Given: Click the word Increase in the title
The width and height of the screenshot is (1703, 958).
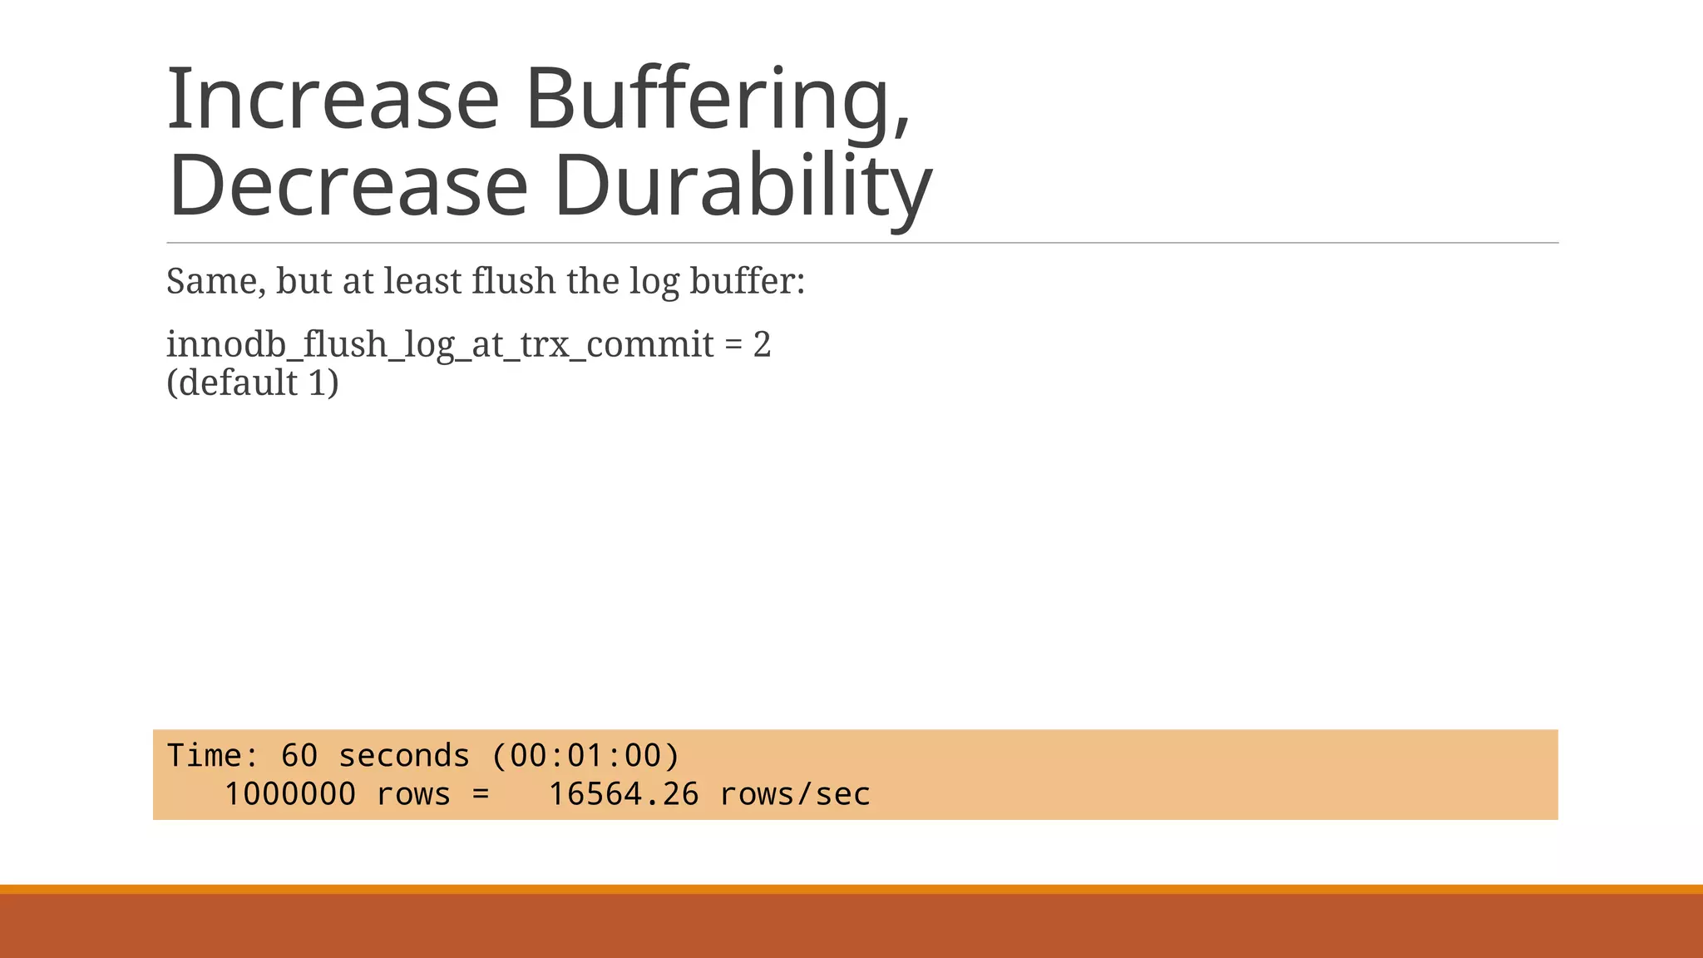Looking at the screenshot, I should pyautogui.click(x=333, y=100).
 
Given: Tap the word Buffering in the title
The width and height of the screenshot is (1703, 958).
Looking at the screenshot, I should pyautogui.click(x=718, y=100).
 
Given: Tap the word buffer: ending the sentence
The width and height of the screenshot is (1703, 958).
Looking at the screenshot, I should pyautogui.click(x=747, y=281).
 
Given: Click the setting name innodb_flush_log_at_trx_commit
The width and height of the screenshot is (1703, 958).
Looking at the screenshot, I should pyautogui.click(x=440, y=344).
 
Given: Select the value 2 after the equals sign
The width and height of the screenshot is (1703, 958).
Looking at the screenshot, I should pyautogui.click(x=762, y=344).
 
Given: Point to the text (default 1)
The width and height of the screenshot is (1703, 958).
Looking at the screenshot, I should pyautogui.click(x=253, y=383).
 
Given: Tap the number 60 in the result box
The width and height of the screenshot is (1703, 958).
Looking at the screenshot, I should pyautogui.click(x=299, y=755).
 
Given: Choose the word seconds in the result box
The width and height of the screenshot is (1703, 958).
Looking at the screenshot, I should pyautogui.click(x=404, y=755).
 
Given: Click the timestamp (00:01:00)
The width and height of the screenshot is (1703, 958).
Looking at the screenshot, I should pyautogui.click(x=585, y=755).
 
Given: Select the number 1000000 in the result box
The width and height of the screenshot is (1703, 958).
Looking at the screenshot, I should pyautogui.click(x=290, y=794).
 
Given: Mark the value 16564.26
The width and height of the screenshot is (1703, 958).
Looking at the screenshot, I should pyautogui.click(x=624, y=794).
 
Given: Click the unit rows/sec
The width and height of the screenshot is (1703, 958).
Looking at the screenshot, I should pyautogui.click(x=795, y=794).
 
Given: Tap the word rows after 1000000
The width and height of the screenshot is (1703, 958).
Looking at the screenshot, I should pyautogui.click(x=413, y=794).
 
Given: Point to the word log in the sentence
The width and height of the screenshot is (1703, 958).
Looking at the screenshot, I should pyautogui.click(x=654, y=281).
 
